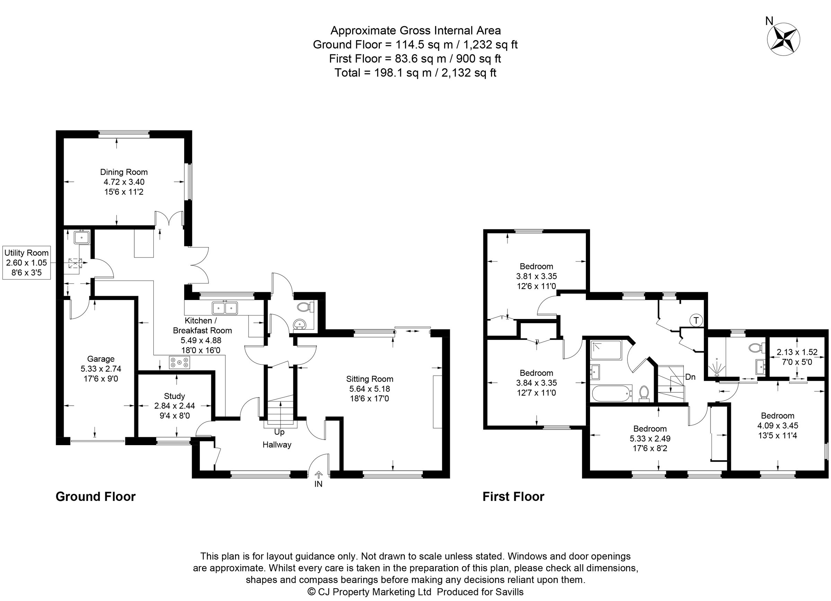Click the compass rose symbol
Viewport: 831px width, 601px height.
click(783, 39)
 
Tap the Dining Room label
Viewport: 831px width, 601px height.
click(124, 172)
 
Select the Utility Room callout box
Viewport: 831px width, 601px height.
click(26, 263)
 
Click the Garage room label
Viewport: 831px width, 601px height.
click(101, 359)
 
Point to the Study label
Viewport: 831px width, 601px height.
click(175, 396)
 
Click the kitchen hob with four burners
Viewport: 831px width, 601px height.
click(179, 363)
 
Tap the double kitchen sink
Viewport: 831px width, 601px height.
click(225, 308)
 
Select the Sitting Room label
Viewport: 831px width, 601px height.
click(369, 379)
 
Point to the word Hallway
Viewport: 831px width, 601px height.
click(277, 445)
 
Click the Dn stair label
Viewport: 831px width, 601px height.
click(690, 377)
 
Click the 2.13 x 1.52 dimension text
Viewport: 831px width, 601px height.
click(797, 352)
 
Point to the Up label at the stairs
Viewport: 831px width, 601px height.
click(279, 432)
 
